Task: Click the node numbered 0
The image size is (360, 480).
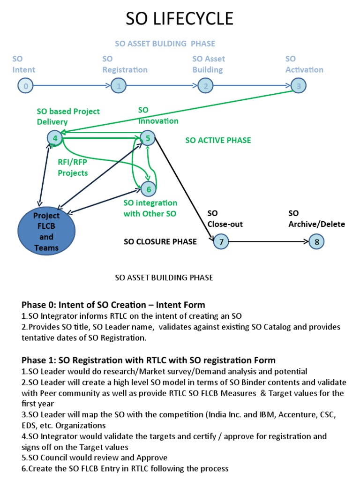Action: tap(25, 86)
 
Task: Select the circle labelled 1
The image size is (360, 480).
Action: tap(119, 86)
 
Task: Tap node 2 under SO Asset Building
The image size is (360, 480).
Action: tap(205, 86)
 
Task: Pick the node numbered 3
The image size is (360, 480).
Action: tap(298, 86)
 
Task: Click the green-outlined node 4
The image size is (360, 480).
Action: tap(55, 138)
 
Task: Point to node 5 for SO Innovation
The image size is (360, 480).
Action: tap(148, 138)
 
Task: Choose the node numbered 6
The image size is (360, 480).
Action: tap(149, 189)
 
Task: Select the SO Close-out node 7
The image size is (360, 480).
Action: tap(221, 242)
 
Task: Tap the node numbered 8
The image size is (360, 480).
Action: tap(316, 242)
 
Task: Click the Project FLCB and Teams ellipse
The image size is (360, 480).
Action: tap(46, 232)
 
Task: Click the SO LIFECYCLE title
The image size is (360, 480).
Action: tap(180, 19)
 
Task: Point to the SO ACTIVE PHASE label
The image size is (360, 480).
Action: tap(218, 140)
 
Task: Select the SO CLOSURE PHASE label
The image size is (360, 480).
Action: tap(160, 242)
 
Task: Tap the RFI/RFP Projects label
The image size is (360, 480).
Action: tap(73, 168)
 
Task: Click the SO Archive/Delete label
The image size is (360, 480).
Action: tap(316, 219)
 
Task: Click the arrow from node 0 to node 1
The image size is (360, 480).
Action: tap(70, 86)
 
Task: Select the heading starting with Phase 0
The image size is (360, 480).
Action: tap(113, 305)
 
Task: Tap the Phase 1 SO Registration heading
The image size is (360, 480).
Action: tap(149, 360)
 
